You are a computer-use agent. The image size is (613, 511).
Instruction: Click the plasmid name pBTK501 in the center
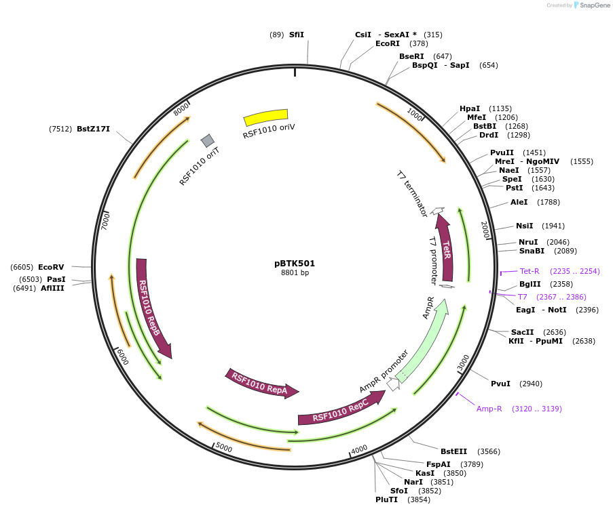coord(295,264)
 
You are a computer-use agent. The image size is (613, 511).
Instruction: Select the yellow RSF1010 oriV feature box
coord(265,117)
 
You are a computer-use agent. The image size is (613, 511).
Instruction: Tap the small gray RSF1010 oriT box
coord(208,140)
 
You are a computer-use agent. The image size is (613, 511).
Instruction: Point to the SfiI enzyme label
coord(297,35)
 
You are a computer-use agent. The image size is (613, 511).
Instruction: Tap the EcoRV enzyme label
coord(51,267)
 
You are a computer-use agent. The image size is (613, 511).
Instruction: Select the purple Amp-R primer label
coord(489,409)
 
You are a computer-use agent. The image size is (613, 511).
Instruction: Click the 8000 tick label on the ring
coord(181,109)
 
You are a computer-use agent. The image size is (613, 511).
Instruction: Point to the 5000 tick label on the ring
coord(223,448)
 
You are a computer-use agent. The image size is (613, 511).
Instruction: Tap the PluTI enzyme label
coord(386,499)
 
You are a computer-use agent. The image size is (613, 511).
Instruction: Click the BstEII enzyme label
coord(453,451)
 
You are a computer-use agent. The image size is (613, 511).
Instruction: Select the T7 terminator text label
coord(412,194)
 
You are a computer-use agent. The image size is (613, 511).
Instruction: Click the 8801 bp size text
coord(295,273)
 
